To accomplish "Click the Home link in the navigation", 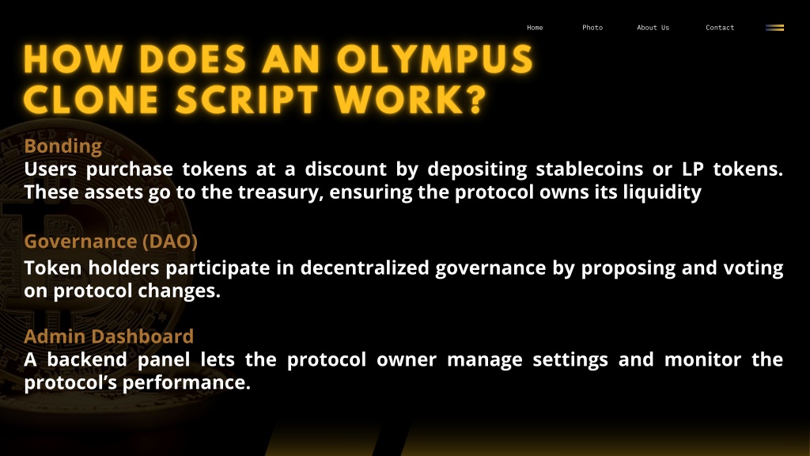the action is coord(535,28).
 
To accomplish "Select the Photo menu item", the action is coord(592,28).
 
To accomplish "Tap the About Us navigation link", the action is coord(653,28).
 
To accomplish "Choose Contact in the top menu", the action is coord(720,28).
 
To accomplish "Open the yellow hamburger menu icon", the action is coord(774,28).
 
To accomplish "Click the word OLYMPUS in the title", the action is coord(435,59).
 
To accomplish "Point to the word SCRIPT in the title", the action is coord(247,99).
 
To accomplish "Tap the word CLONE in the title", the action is coord(91,99).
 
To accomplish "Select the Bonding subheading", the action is coord(63,146).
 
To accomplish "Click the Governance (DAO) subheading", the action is coord(111,241).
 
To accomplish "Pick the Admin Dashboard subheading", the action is coord(108,336).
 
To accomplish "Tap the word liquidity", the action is coord(662,192).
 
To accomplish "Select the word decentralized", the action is coord(365,268).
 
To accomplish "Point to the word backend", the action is coord(87,359).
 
